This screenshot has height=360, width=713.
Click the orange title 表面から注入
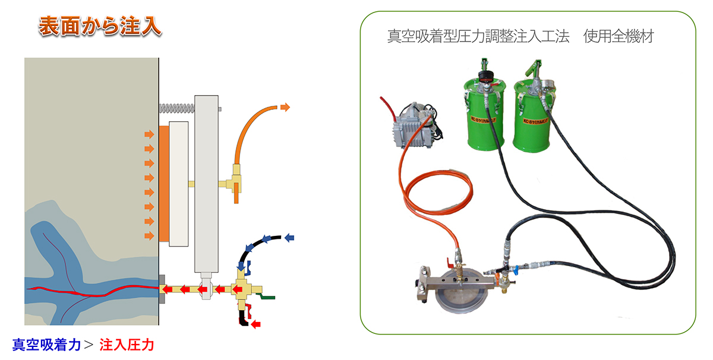(100, 27)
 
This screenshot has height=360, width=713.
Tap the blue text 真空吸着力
(46, 345)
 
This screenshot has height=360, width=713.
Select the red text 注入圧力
(127, 345)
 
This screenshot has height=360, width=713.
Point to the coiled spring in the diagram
(177, 108)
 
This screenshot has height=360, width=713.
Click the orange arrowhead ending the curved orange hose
(285, 107)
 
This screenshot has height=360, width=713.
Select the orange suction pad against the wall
(163, 184)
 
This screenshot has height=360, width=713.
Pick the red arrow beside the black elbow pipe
(257, 324)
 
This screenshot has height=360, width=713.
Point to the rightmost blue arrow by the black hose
(291, 238)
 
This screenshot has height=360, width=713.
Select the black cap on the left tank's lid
(487, 76)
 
